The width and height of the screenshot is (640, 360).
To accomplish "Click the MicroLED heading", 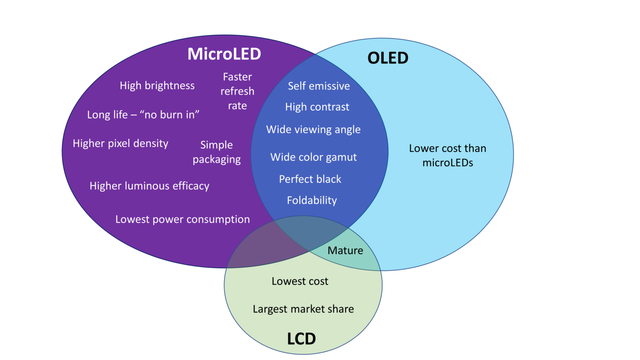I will pyautogui.click(x=224, y=54).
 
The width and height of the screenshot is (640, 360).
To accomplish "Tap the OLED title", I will pyautogui.click(x=387, y=58).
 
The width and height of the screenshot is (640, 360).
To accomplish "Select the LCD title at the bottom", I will pyautogui.click(x=301, y=338).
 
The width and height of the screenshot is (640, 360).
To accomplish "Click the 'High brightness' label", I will pyautogui.click(x=157, y=85).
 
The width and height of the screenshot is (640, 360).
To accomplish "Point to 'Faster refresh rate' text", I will pyautogui.click(x=237, y=91).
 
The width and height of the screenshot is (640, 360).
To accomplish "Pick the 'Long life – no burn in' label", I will pyautogui.click(x=143, y=115).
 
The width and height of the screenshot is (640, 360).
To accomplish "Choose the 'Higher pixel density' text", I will pyautogui.click(x=120, y=143).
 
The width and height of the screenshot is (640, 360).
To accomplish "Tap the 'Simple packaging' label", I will pyautogui.click(x=217, y=152).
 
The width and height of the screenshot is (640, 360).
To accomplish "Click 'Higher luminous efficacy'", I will pyautogui.click(x=149, y=186).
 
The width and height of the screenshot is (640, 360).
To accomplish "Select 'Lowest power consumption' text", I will pyautogui.click(x=182, y=219).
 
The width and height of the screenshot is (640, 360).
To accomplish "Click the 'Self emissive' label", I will pyautogui.click(x=319, y=86).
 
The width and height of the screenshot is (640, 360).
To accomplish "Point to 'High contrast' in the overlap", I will pyautogui.click(x=317, y=107).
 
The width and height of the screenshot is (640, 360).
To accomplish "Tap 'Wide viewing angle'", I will pyautogui.click(x=313, y=130).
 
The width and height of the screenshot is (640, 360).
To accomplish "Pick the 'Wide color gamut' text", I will pyautogui.click(x=313, y=157).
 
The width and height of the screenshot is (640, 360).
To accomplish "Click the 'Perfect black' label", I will pyautogui.click(x=310, y=179).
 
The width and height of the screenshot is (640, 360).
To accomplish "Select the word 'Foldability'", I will pyautogui.click(x=312, y=200).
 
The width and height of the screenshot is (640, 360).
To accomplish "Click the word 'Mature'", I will pyautogui.click(x=345, y=250).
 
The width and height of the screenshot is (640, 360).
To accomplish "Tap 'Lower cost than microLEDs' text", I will pyautogui.click(x=447, y=155).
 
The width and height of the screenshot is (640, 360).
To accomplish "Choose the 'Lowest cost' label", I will pyautogui.click(x=300, y=281).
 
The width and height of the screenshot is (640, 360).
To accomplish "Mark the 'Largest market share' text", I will pyautogui.click(x=303, y=309).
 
